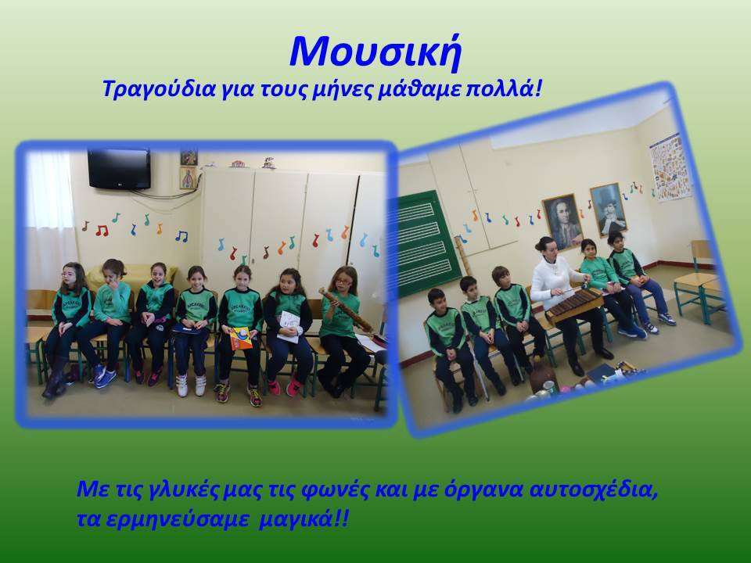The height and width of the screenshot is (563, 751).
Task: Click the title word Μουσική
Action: point(375,52)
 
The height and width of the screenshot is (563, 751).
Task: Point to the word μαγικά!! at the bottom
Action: point(304,518)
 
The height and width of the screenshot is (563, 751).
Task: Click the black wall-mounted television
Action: point(119,169)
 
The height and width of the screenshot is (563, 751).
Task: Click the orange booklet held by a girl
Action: point(240,339)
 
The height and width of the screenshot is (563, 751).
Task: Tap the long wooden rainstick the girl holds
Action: point(346,310)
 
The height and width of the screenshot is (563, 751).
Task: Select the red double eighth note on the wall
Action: point(102,231)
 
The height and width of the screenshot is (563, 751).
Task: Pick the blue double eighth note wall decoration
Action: point(181,235)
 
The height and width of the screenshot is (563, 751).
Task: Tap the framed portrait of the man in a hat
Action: point(609,209)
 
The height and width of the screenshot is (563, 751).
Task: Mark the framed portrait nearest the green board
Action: point(562,221)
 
